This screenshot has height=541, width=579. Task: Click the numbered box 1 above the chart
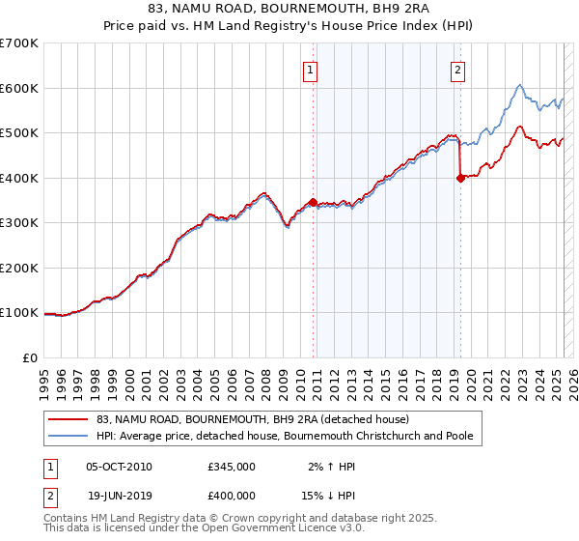(x=311, y=69)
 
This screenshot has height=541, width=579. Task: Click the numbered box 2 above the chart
(x=456, y=69)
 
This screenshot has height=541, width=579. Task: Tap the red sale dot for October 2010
(x=313, y=202)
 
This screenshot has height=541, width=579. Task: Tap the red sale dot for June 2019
(x=460, y=178)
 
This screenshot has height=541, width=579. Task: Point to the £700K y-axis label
(x=19, y=43)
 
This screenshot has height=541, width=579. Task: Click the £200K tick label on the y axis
(x=19, y=268)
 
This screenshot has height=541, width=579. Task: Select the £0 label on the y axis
(x=31, y=357)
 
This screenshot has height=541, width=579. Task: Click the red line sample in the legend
(x=68, y=420)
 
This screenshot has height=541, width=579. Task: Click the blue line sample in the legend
(x=68, y=437)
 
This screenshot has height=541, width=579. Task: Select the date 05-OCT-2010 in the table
(x=119, y=466)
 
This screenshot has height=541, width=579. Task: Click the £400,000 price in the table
(x=231, y=495)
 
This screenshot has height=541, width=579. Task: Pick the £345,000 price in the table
(x=231, y=466)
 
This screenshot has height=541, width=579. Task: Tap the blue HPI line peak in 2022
(x=519, y=85)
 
